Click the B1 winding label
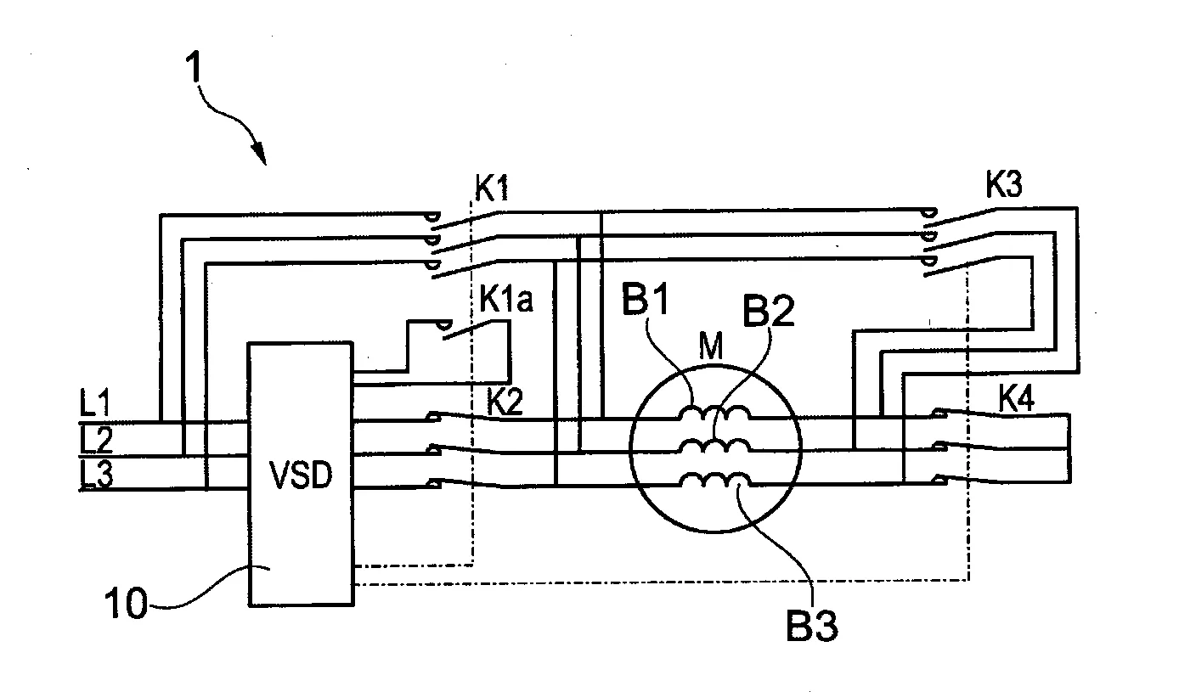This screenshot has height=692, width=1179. point(646,303)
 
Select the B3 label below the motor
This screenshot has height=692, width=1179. point(811,627)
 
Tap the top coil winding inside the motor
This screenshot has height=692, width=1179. point(714,414)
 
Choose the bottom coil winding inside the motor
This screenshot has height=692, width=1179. point(714,481)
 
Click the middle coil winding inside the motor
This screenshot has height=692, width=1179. point(714,447)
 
